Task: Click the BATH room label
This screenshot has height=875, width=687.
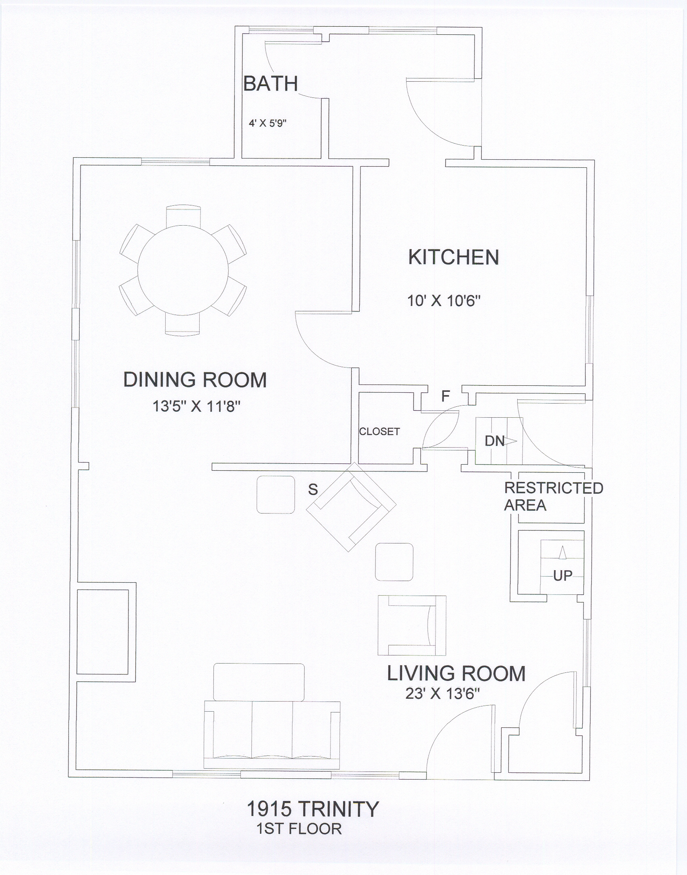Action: point(270,84)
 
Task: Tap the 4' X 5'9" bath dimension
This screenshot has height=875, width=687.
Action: point(268,123)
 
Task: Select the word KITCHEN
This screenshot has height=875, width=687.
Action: point(453,257)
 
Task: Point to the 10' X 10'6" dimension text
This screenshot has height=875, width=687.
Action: point(444,301)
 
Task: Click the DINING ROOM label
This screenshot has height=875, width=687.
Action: point(195,380)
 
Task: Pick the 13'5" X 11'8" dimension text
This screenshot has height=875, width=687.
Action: point(196,406)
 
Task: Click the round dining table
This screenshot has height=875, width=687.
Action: point(183,270)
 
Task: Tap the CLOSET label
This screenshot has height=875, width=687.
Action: point(379,431)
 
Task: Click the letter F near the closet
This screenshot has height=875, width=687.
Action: point(445,396)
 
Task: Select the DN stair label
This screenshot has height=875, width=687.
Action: point(495,441)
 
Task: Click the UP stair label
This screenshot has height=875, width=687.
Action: point(563,576)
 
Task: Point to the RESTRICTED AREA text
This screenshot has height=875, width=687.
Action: point(553,497)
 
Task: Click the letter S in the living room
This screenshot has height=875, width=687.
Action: point(313,490)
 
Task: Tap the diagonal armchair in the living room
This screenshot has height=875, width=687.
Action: point(351,507)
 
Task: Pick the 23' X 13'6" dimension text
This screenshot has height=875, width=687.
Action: point(443,694)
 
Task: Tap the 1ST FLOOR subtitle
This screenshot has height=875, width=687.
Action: point(299,829)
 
